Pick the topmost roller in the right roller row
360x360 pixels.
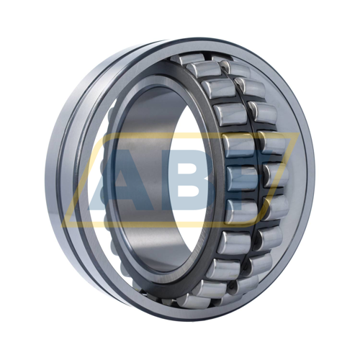point(234,68)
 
